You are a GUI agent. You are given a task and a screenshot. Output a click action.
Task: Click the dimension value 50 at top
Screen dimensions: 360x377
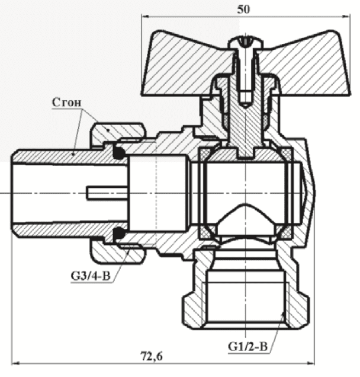243,9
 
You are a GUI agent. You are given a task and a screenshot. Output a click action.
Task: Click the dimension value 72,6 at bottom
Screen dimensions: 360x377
152,356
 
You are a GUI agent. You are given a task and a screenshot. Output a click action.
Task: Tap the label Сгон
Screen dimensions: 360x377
67,103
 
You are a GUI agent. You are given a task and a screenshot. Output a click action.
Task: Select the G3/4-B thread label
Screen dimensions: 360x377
91,276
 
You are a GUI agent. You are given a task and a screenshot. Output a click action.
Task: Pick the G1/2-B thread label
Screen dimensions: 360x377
247,346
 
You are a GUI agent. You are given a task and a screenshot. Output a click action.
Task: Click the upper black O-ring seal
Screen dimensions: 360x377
119,153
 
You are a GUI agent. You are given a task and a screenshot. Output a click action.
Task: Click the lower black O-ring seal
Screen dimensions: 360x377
119,233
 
